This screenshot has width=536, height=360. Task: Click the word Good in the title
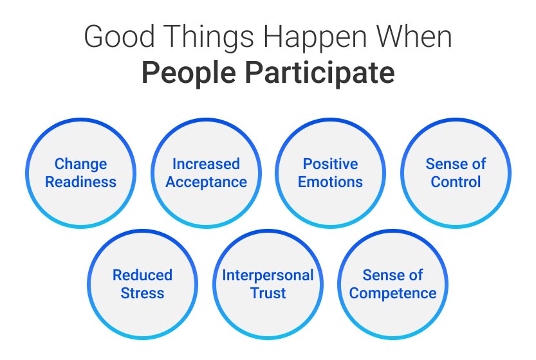coord(120,36)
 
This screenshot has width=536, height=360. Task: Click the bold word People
coord(189,74)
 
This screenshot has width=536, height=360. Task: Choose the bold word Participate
coord(320,74)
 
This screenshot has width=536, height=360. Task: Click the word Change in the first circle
coord(80,165)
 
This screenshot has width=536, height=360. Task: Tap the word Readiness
coord(80,182)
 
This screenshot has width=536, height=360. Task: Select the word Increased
coord(206,164)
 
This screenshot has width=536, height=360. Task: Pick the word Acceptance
coord(206,183)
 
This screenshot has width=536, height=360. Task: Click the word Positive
coord(331,164)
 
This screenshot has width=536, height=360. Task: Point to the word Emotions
coord(331,182)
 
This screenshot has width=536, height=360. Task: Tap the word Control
coord(456,182)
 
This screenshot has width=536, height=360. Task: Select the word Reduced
coord(143,275)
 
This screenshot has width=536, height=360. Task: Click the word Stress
coord(143,293)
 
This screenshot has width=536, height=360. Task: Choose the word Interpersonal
coord(268,276)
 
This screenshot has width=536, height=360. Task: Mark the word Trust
coord(268,293)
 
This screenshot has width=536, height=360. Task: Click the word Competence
coord(393,294)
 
